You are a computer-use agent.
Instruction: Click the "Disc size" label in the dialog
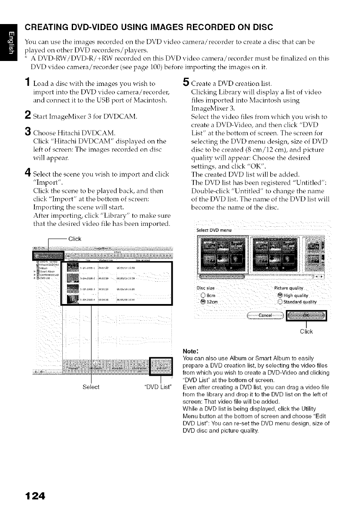click(207, 288)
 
